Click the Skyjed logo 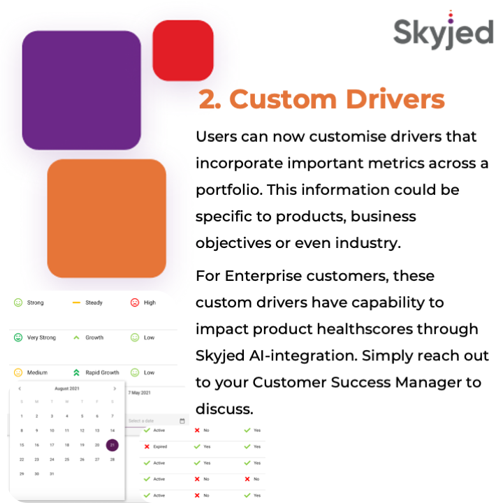coord(443,32)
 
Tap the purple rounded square coord(81,90)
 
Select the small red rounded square coord(182,50)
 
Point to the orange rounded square coord(106,218)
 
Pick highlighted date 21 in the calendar coord(112,445)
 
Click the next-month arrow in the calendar coord(115,388)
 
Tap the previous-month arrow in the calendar coord(20,388)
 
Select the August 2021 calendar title coord(67,388)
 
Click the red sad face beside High coord(135,302)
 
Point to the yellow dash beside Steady coord(76,302)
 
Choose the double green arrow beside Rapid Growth coord(76,372)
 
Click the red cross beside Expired coord(147,446)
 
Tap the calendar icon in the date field coord(182,421)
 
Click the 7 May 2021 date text coord(140,393)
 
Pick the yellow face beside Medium coord(18,372)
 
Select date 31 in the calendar coord(52,474)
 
